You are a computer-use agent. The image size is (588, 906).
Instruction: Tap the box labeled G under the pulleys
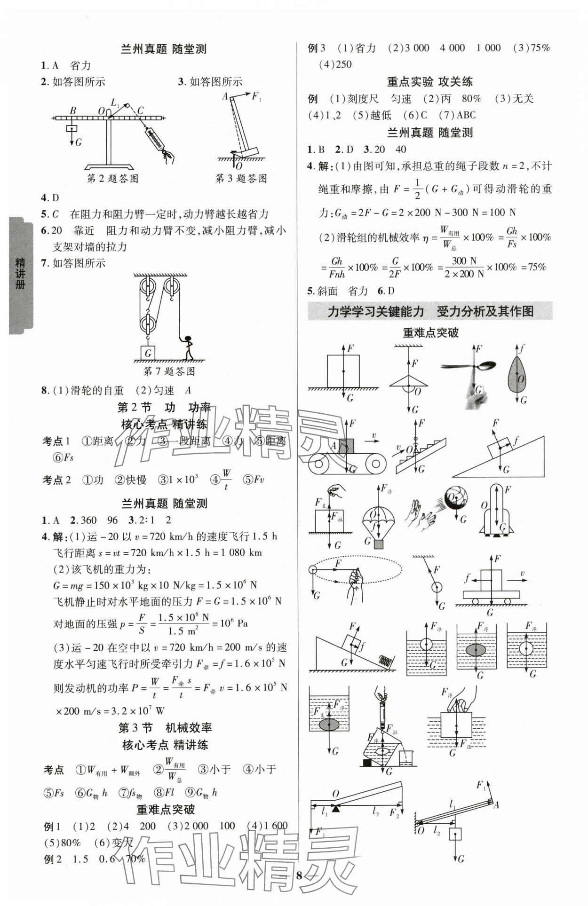(x=148, y=353)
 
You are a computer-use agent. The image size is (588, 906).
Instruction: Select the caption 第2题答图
(x=113, y=179)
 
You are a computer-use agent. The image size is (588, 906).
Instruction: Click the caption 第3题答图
(x=241, y=179)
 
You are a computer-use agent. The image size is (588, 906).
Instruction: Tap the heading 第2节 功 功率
(x=164, y=408)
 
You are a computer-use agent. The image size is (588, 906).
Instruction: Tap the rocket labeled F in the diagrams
(x=497, y=510)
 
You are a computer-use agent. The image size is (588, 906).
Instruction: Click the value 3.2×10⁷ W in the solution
(x=136, y=710)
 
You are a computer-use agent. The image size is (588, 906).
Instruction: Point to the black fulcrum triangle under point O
(x=335, y=809)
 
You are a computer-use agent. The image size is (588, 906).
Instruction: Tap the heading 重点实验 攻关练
(x=429, y=82)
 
